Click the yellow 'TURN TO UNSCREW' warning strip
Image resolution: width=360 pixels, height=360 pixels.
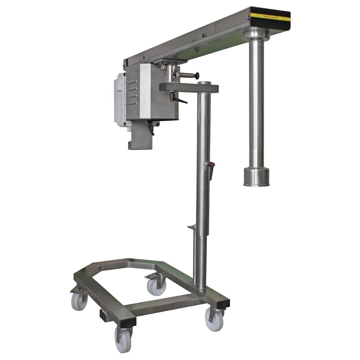(270, 16)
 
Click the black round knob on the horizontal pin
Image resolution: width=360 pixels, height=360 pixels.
(197, 76)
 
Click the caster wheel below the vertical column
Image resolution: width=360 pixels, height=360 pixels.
(214, 319)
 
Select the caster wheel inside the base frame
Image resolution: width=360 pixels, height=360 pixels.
(156, 285)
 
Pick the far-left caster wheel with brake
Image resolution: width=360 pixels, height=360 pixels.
(79, 300)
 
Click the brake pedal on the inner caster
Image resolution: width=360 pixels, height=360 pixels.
(151, 276)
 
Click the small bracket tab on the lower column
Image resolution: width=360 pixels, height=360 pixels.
(191, 226)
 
